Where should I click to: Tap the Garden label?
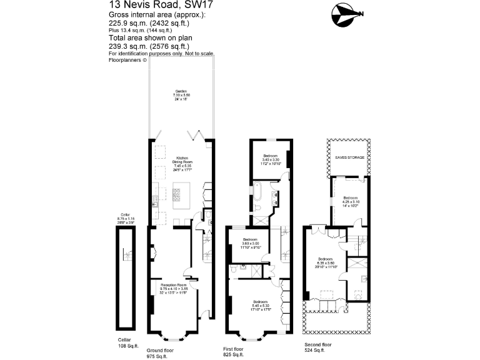181,95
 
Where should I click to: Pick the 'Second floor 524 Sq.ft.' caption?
319,346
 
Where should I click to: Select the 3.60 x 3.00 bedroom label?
250,244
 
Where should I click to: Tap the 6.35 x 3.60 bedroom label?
326,263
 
